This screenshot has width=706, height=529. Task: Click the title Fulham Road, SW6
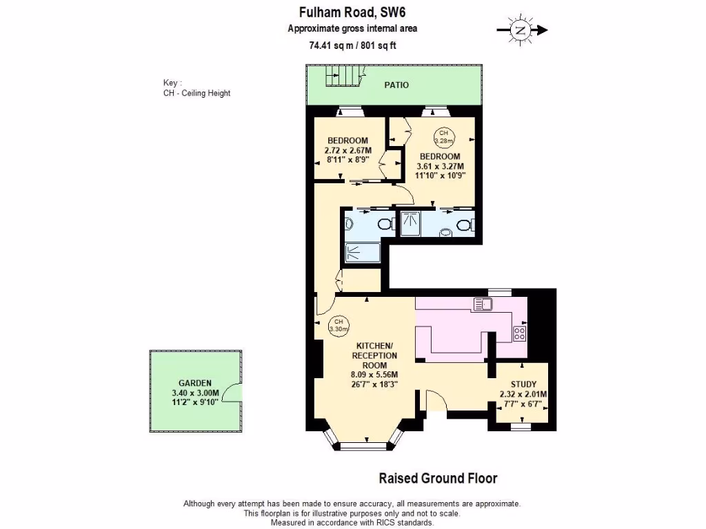(352, 11)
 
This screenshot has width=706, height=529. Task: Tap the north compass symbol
(521, 30)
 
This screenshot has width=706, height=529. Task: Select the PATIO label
(396, 85)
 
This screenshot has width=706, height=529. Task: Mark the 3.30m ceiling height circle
(339, 325)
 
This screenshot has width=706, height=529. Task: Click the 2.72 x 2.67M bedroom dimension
(347, 150)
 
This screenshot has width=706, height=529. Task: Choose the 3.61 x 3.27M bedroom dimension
(440, 166)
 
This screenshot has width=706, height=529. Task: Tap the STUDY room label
(524, 384)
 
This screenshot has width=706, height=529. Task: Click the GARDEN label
(194, 383)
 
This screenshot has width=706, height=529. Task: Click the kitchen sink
(481, 303)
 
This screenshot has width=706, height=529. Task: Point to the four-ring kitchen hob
(520, 333)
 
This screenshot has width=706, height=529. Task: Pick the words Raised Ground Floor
(438, 478)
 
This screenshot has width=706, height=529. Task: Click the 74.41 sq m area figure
(329, 46)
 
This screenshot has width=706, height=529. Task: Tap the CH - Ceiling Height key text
(192, 93)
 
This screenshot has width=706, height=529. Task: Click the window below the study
(521, 426)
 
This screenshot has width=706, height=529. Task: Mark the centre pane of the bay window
(365, 446)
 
